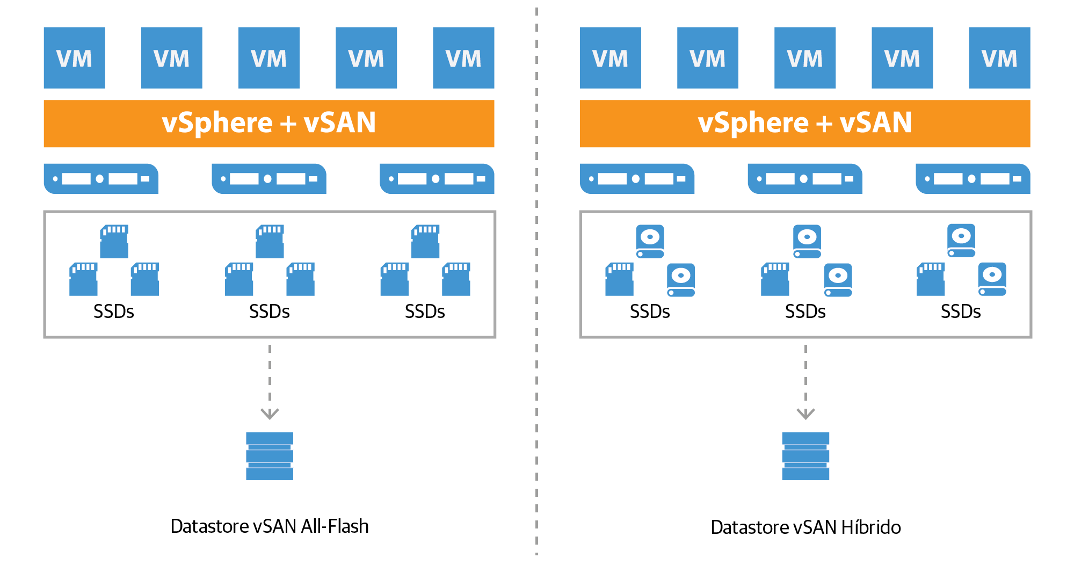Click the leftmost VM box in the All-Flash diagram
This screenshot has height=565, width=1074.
pos(74,58)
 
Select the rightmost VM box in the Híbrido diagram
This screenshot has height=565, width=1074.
pos(999,58)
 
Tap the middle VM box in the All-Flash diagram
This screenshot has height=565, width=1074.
pos(268,58)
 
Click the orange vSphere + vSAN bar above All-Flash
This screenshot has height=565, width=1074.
pos(268,124)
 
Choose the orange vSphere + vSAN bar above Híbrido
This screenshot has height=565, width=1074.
pos(804,124)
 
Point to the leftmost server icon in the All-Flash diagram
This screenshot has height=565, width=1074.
pos(101,179)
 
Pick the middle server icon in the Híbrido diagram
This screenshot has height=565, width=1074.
pos(804,179)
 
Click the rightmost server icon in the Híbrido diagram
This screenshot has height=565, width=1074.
pos(973,179)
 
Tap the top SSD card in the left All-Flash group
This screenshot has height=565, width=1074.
pos(114,242)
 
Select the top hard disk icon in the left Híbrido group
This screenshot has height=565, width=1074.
pos(650,241)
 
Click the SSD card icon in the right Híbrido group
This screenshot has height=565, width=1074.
pos(930,279)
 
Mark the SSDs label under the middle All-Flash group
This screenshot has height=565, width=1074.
pos(269,312)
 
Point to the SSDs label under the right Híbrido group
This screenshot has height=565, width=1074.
pos(960,312)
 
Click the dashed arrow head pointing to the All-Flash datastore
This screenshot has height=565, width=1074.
pos(270,413)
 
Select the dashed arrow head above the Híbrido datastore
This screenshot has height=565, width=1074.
pos(805,413)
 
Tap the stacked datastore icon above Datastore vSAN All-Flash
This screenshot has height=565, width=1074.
pos(270,456)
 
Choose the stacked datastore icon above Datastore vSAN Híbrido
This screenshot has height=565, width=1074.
pos(805,456)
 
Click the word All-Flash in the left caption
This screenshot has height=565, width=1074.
pos(335,526)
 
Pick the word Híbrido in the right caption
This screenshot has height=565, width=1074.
pos(870,527)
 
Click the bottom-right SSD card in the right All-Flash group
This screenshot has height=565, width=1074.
pos(456,279)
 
